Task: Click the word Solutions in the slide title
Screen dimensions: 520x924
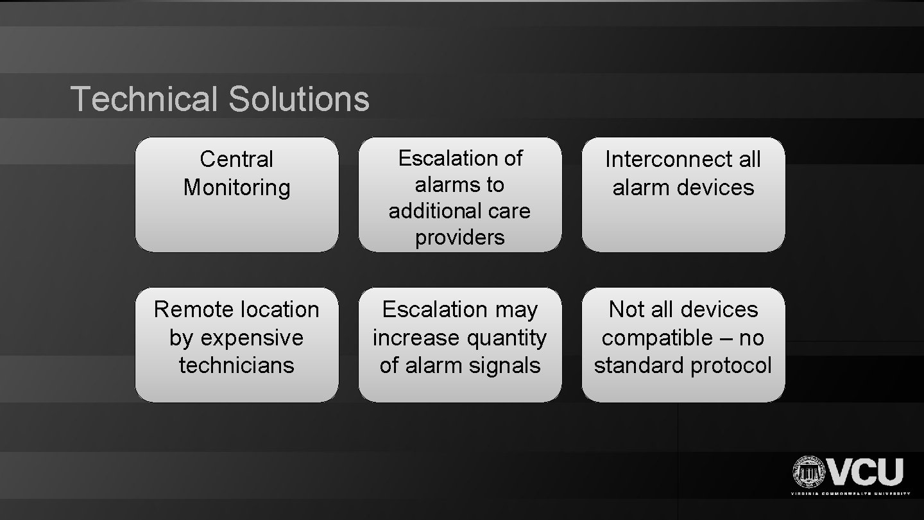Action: click(x=298, y=100)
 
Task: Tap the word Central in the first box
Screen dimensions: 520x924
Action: click(x=236, y=159)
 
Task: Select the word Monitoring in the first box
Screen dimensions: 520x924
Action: click(x=236, y=187)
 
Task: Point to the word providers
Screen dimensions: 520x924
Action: click(x=459, y=238)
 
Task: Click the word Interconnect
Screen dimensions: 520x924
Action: click(x=665, y=159)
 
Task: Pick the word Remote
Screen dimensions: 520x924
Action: click(x=187, y=309)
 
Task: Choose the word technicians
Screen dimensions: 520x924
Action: click(x=236, y=365)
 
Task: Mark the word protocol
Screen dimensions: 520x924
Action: click(x=732, y=365)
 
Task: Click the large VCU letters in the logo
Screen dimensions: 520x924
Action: click(x=866, y=472)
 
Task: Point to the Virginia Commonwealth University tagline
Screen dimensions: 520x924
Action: click(x=850, y=494)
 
